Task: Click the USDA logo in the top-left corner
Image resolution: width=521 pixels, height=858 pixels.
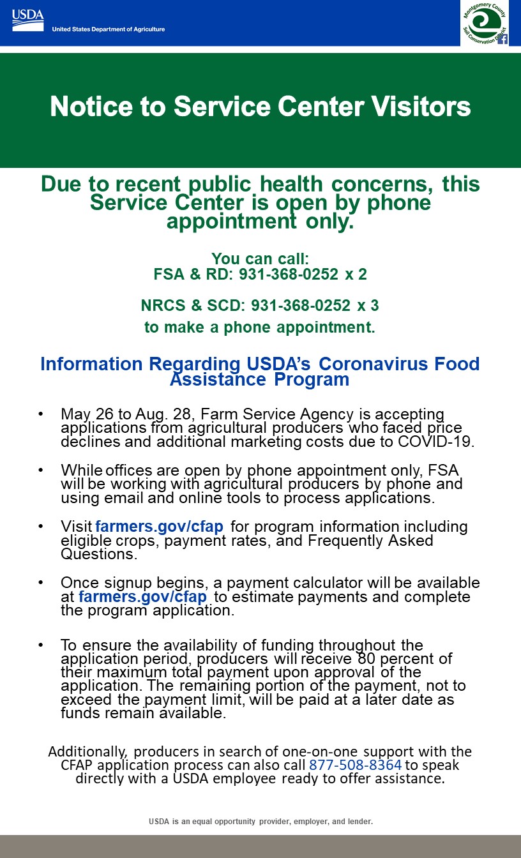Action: (x=27, y=21)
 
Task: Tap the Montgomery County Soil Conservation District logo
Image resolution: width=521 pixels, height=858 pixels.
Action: (x=484, y=23)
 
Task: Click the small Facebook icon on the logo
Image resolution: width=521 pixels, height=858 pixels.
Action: (x=502, y=40)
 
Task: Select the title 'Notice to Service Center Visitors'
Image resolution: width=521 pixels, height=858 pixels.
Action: (x=260, y=107)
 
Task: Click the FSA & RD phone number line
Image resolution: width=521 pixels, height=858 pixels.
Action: (x=260, y=275)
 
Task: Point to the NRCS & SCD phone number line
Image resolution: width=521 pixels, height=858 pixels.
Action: (x=260, y=305)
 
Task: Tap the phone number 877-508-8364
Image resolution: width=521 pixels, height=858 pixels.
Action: (x=355, y=765)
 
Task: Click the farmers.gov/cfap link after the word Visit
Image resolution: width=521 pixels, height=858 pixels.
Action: (x=159, y=527)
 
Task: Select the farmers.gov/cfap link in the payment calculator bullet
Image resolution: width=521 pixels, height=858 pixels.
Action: (x=142, y=597)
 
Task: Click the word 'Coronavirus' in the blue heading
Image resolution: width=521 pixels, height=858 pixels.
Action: (x=381, y=364)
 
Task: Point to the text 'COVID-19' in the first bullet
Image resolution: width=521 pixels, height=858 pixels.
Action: (x=444, y=442)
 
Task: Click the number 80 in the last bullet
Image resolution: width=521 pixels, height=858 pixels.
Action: (x=365, y=658)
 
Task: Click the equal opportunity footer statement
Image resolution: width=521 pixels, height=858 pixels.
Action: (x=260, y=822)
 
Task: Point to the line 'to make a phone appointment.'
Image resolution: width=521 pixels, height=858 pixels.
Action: (x=260, y=327)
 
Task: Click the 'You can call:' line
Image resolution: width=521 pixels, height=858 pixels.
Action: (x=260, y=259)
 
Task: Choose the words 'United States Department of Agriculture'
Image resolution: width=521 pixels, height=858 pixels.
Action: (x=108, y=29)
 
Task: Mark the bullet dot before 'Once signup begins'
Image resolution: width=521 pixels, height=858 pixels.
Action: (x=41, y=583)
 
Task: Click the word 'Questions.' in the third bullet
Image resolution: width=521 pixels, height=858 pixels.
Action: (x=98, y=554)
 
